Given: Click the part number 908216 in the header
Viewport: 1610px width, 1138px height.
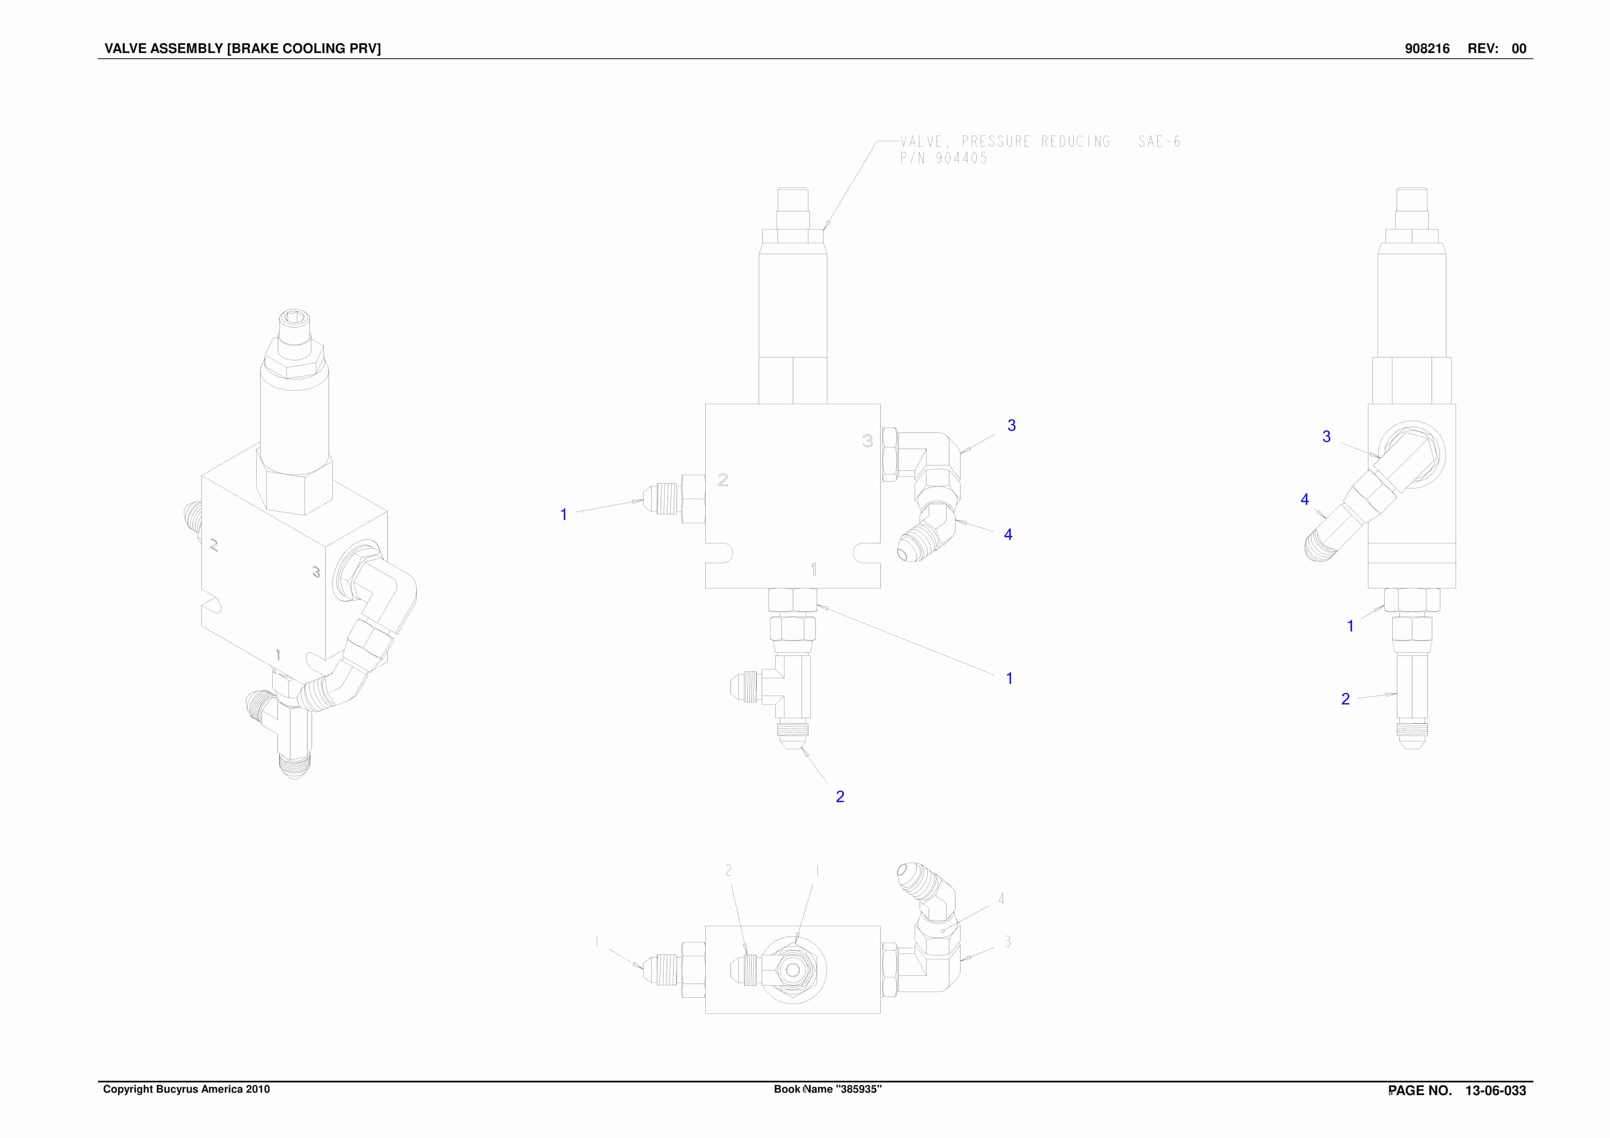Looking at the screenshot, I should click(x=1427, y=48).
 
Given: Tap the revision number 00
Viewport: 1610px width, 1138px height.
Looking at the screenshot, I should click(x=1519, y=48).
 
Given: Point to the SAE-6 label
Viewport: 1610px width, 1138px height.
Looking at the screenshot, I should click(x=1159, y=142).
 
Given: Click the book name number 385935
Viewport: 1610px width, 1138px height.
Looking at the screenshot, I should click(x=857, y=1089).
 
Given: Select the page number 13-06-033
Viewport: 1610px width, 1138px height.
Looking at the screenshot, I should click(x=1496, y=1090).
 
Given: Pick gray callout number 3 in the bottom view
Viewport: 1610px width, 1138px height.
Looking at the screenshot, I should click(x=1008, y=942).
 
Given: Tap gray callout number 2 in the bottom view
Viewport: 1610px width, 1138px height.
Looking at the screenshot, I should click(x=729, y=870).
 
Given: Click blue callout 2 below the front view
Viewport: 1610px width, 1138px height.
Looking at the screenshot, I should click(x=840, y=796).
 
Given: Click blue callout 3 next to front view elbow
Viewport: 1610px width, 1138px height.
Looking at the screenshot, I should click(x=1011, y=425).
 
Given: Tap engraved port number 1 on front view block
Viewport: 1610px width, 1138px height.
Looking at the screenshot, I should click(x=813, y=569).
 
